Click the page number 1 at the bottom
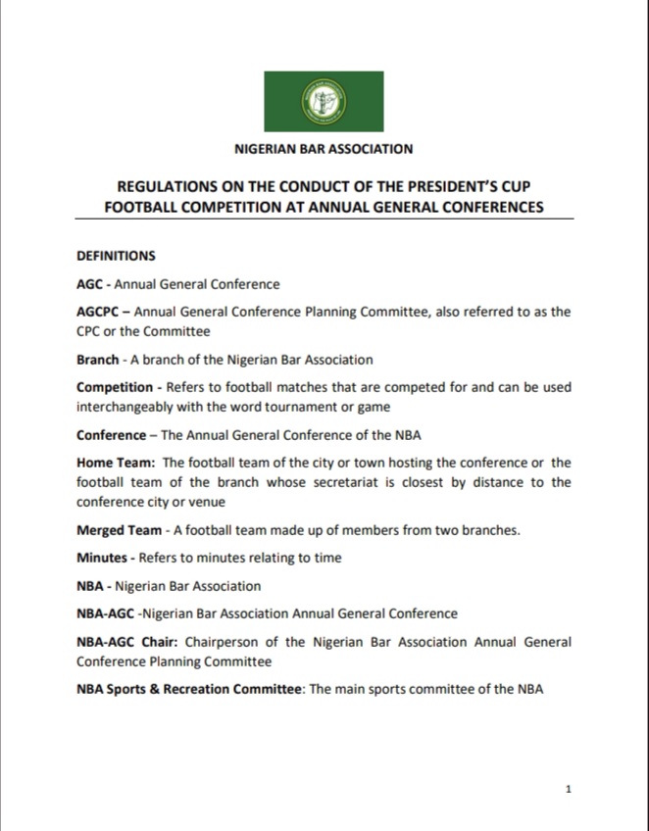pyautogui.click(x=569, y=789)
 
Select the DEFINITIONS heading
pyautogui.click(x=116, y=257)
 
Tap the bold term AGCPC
pyautogui.click(x=99, y=312)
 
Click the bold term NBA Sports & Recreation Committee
pyautogui.click(x=189, y=689)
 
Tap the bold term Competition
pyautogui.click(x=115, y=387)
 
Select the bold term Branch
pyautogui.click(x=98, y=360)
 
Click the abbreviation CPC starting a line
pyautogui.click(x=90, y=331)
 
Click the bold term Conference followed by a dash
pyautogui.click(x=113, y=434)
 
